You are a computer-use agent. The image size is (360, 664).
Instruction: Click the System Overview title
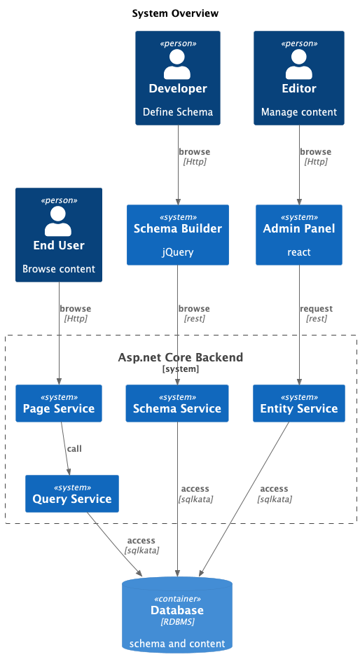pos(175,13)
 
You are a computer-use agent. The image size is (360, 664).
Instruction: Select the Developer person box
pos(178,78)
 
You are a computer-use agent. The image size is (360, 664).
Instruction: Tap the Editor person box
pos(299,78)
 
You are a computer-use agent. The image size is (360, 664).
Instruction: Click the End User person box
pos(59,235)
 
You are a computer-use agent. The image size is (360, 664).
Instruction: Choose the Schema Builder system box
pos(178,235)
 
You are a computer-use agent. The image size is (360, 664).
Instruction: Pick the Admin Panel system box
pos(299,235)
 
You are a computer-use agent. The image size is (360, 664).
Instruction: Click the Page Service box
pos(59,403)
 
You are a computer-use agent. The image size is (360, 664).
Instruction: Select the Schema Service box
pos(177,403)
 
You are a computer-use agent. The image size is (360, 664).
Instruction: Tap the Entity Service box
pos(299,403)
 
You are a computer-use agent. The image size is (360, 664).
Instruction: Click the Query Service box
pos(72,494)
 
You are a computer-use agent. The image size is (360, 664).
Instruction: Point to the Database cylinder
pos(178,615)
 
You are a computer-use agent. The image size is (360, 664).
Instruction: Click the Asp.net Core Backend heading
pos(181,358)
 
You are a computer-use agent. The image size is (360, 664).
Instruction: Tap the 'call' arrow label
pos(74,448)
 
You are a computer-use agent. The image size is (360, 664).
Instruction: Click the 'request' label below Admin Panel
pos(316,309)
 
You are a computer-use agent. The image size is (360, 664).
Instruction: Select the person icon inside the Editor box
pos(299,64)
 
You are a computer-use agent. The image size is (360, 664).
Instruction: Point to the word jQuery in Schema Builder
pos(178,252)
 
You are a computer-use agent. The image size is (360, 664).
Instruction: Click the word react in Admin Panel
pos(299,252)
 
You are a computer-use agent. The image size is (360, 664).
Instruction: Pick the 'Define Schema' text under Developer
pos(178,112)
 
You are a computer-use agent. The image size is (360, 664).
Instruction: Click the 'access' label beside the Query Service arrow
pos(141,541)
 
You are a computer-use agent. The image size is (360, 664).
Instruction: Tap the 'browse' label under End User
pos(75,309)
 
